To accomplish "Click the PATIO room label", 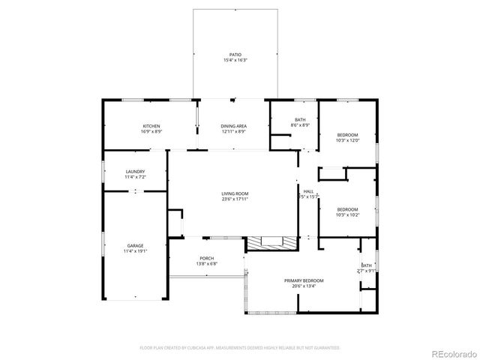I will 235,55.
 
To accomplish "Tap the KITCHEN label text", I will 151,126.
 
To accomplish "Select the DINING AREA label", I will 234,126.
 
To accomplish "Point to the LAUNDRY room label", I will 135,172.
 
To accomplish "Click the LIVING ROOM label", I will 235,193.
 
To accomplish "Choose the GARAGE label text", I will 135,245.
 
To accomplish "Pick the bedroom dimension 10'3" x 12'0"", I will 347,140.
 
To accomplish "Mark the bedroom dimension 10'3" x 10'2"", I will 347,214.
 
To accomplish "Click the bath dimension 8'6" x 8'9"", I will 300,125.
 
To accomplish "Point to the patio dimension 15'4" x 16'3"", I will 235,61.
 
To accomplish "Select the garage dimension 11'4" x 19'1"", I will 135,251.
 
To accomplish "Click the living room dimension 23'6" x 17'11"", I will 235,199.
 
